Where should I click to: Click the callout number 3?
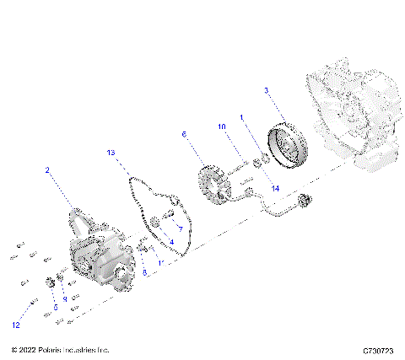[x=266, y=89]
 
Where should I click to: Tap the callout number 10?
[x=224, y=126]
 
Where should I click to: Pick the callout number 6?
[x=183, y=133]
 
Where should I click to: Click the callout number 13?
[x=111, y=153]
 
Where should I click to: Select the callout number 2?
[x=48, y=169]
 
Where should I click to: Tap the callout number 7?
[x=179, y=228]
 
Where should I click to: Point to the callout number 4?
[x=172, y=242]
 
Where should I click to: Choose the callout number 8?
[x=143, y=271]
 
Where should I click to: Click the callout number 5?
[x=55, y=308]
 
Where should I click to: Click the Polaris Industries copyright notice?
[x=60, y=349]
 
